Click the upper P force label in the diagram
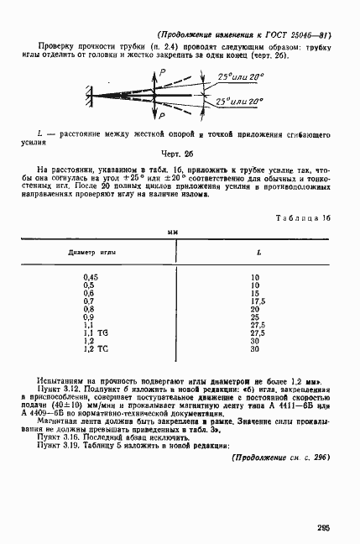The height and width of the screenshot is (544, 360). click(x=164, y=75)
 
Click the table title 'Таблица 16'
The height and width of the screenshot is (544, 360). click(x=303, y=217)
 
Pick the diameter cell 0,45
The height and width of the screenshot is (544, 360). click(x=91, y=276)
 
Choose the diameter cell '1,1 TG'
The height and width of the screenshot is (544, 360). click(x=96, y=333)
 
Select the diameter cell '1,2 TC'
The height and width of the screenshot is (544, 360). click(x=96, y=348)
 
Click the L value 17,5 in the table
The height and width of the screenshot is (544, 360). click(x=258, y=300)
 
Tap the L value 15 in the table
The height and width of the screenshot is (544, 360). click(x=255, y=292)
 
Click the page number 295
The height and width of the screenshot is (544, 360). click(x=325, y=526)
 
